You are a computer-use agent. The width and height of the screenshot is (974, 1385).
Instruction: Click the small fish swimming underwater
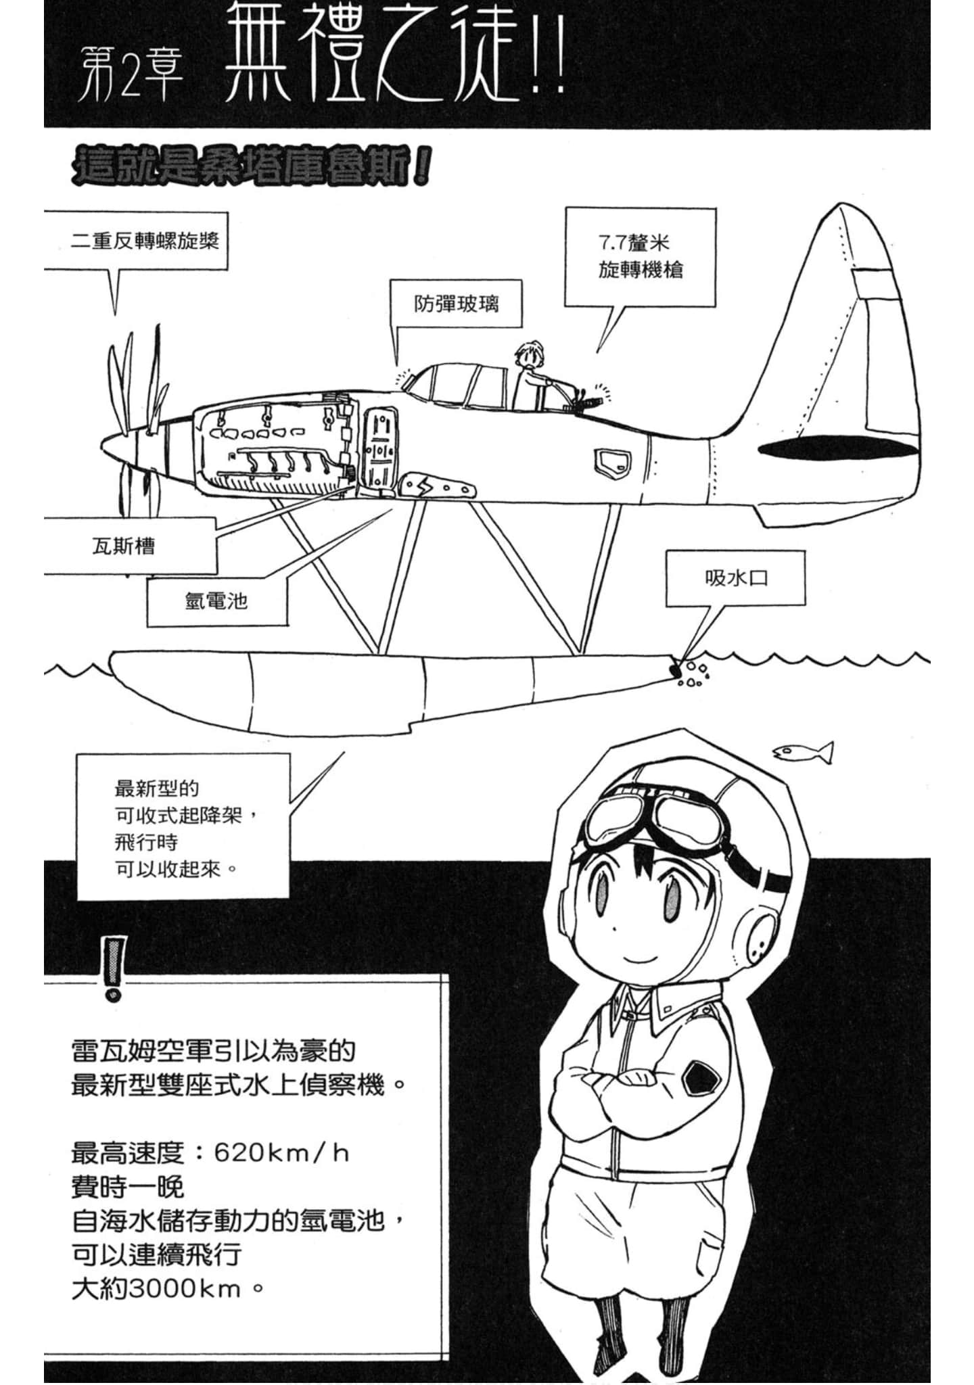[x=803, y=751]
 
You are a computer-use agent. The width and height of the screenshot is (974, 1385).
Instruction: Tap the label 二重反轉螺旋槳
[x=145, y=241]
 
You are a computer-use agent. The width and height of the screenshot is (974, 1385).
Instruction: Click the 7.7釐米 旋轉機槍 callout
[x=640, y=256]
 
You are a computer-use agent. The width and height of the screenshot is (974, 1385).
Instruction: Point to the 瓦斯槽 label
[x=124, y=546]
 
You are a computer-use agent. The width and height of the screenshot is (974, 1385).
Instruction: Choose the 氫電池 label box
[x=216, y=601]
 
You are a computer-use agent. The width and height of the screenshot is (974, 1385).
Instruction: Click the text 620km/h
[x=281, y=1153]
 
